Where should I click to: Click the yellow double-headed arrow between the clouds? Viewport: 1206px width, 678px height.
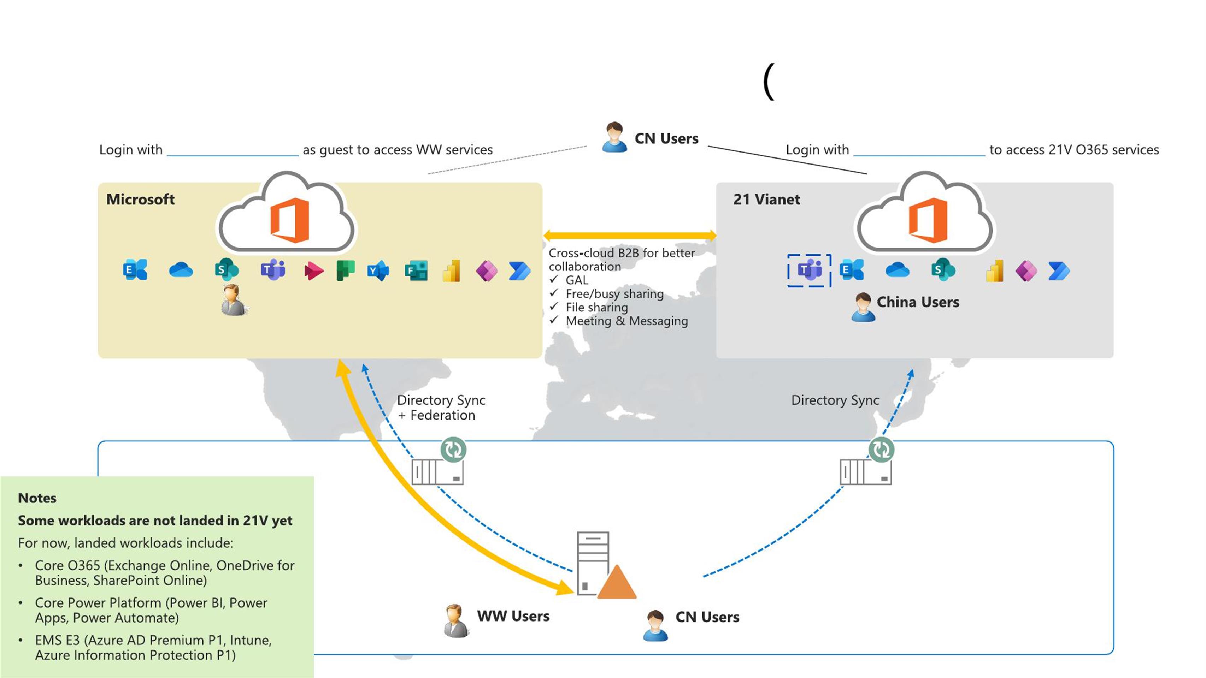(629, 236)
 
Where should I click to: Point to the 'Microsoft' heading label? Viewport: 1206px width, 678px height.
(140, 199)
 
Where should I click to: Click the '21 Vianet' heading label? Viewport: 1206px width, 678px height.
(766, 199)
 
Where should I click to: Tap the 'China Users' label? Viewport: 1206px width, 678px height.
(918, 302)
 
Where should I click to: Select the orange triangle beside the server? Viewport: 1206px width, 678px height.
(617, 583)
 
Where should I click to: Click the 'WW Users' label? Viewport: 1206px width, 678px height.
(513, 616)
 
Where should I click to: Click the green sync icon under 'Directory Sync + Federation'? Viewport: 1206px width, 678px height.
(453, 450)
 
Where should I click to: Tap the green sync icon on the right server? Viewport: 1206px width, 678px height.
(881, 450)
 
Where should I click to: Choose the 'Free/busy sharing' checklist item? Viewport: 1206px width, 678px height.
(614, 294)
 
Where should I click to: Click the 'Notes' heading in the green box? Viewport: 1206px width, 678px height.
(37, 498)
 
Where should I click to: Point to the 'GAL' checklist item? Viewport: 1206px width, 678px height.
(576, 280)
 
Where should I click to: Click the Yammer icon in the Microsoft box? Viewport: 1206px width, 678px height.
(378, 270)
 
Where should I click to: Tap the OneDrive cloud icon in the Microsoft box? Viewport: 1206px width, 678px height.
(181, 270)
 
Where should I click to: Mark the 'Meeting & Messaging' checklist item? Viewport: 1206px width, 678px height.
(626, 321)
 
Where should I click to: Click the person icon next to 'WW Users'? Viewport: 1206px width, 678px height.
(455, 620)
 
